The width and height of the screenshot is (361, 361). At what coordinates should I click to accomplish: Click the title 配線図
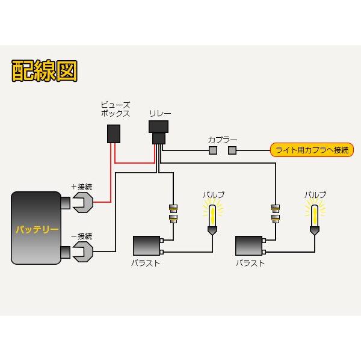(44, 71)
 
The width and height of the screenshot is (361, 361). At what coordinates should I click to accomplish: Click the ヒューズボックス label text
(115, 109)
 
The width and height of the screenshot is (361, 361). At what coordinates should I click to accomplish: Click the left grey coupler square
(212, 150)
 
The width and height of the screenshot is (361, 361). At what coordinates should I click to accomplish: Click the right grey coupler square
(232, 150)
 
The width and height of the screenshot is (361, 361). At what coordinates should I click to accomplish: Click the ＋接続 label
(82, 186)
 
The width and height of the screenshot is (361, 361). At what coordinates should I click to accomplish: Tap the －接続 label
(82, 235)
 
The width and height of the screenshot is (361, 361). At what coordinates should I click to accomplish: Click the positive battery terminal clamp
(81, 202)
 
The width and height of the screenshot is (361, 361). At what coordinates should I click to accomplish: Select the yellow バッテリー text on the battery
(37, 230)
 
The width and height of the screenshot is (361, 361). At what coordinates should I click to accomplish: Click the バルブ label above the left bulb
(212, 195)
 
